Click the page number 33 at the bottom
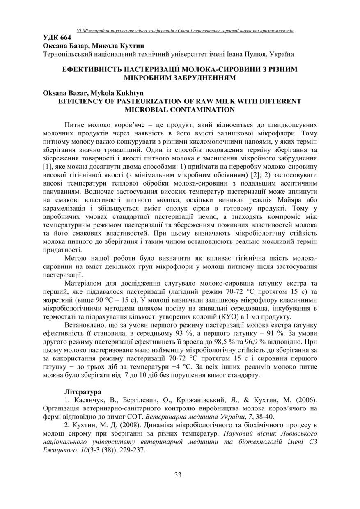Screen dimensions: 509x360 (178, 475)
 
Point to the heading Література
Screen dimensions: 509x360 (83, 392)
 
